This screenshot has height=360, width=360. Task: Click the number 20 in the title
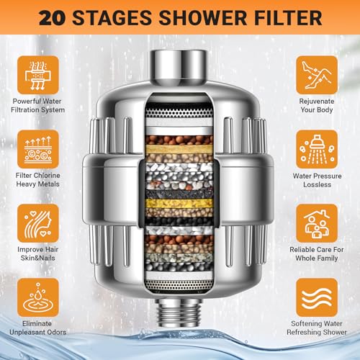pos(51,18)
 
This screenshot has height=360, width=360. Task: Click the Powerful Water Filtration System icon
pos(38,75)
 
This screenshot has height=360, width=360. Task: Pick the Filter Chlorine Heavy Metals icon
pos(38,149)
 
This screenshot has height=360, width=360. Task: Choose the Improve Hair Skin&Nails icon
pos(38,223)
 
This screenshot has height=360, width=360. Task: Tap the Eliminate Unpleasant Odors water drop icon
pos(38,297)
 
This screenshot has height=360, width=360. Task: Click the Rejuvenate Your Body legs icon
pos(317,75)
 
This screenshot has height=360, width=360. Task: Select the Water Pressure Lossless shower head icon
pos(317,149)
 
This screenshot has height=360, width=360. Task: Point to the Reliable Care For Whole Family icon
pos(317,223)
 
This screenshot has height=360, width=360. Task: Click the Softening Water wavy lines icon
pos(317,297)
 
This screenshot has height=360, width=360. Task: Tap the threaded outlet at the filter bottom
pos(179,312)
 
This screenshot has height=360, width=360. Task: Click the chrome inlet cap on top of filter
pos(178,67)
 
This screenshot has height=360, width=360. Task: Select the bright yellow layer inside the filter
pos(179,203)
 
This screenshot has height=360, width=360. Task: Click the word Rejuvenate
pos(317,102)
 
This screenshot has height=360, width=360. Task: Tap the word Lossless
pos(317,184)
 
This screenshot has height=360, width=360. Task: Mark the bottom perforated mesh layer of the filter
pos(179,285)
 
